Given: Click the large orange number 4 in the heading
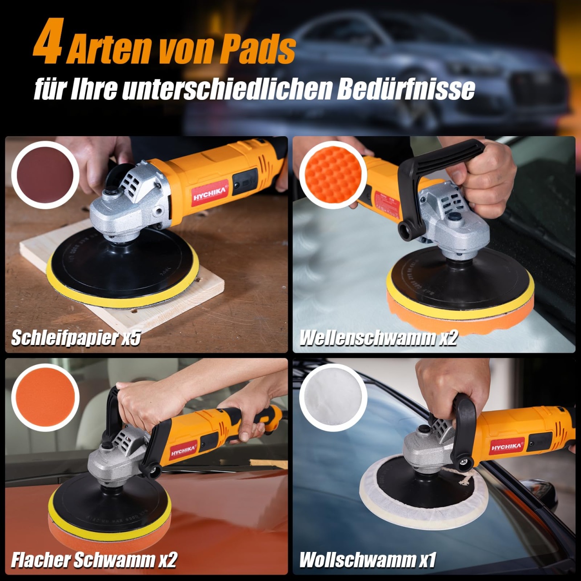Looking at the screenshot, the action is [49, 41].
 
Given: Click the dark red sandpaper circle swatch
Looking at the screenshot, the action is [45, 175].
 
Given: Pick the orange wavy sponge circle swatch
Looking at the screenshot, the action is [333, 175].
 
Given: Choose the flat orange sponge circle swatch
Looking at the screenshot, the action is [45, 397].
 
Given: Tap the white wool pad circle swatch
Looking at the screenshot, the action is [333, 397].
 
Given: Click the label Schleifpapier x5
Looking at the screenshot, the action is [76, 338].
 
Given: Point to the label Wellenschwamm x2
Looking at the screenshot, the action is [379, 338].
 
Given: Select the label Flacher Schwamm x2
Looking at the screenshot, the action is [94, 560].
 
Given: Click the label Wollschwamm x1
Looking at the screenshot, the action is [368, 560].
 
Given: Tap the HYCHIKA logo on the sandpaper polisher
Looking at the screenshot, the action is [210, 193].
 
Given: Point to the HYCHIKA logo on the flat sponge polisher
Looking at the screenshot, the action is [183, 449].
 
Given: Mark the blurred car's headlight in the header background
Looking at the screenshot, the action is [473, 69].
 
